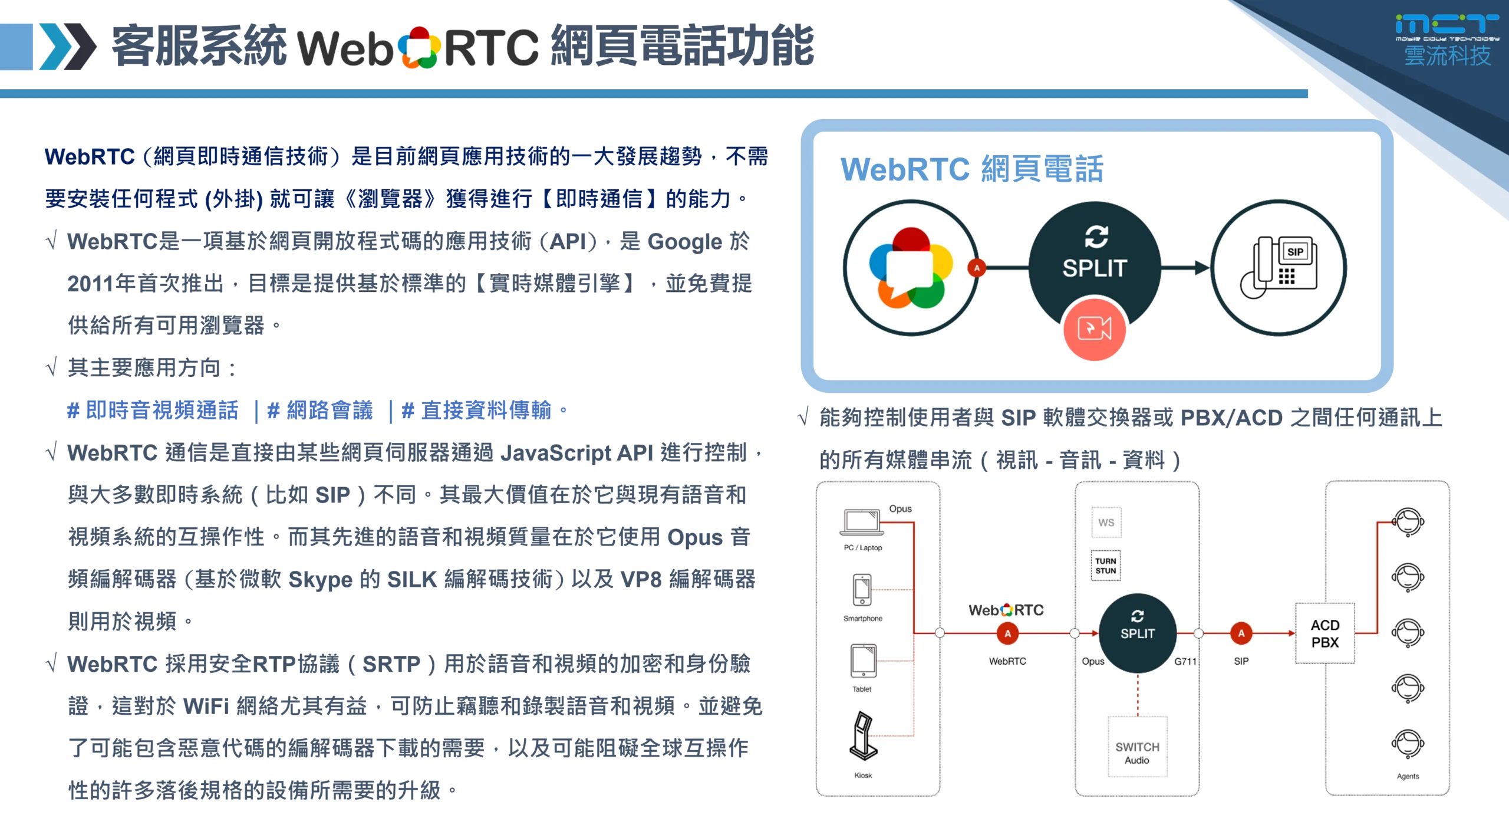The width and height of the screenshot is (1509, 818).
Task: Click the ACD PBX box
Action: (x=1325, y=633)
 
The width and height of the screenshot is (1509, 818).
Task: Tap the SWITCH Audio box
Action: (x=1137, y=753)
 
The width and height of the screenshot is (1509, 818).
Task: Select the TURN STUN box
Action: (x=1106, y=566)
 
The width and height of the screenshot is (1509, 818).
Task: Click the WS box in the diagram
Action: (x=1106, y=523)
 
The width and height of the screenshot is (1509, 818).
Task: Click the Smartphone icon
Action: (x=862, y=590)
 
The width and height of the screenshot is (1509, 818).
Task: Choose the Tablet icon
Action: (x=863, y=661)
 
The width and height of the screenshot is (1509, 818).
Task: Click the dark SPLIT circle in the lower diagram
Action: (x=1137, y=633)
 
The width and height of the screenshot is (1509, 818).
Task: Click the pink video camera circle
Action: (x=1095, y=329)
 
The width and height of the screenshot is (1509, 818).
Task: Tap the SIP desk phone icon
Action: (x=1279, y=268)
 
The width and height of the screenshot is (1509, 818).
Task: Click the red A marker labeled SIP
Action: (x=1241, y=633)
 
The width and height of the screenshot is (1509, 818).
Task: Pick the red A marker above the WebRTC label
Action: (x=1007, y=633)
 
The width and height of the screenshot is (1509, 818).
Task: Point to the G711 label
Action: (x=1185, y=662)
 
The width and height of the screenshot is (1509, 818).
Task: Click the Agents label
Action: (x=1408, y=776)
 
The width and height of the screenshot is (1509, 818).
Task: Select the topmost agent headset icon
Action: (x=1408, y=522)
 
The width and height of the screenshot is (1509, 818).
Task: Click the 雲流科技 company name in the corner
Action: (x=1447, y=56)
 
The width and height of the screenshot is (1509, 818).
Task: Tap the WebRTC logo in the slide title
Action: (x=419, y=48)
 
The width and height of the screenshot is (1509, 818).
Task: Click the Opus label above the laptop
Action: (x=900, y=508)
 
